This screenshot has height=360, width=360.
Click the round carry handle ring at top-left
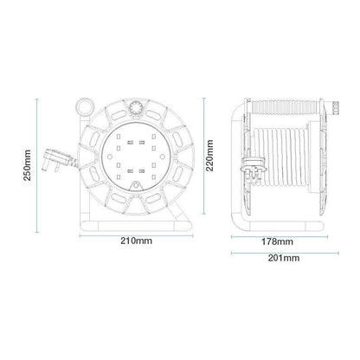click(x=85, y=104)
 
